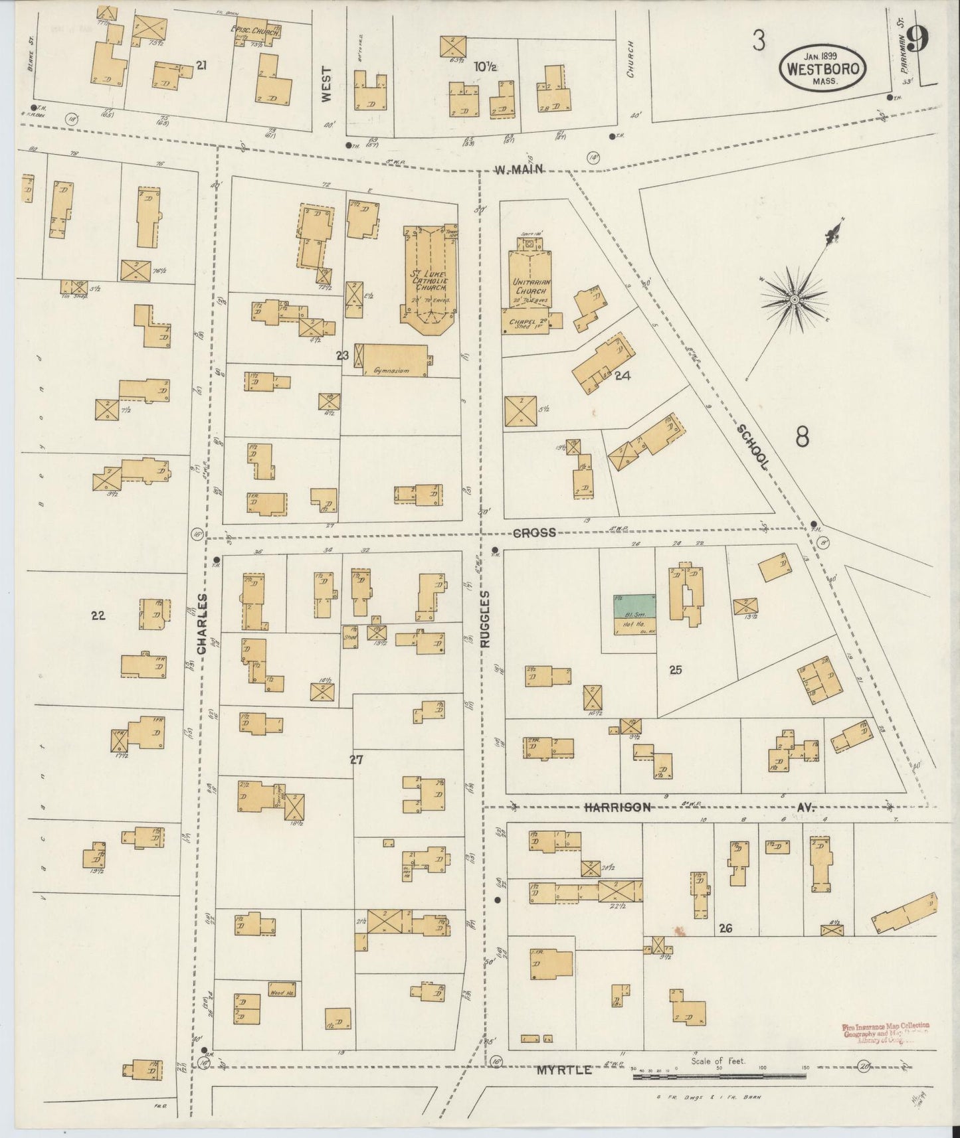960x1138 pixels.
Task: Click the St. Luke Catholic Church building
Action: click(429, 279)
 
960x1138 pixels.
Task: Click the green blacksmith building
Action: click(634, 605)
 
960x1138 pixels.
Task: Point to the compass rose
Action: click(793, 301)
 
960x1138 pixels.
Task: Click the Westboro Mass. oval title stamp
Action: click(824, 68)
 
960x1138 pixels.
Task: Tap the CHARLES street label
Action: click(203, 623)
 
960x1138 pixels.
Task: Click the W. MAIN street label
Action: click(519, 169)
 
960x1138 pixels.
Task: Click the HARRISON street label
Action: click(617, 807)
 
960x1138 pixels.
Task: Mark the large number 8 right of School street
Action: click(803, 437)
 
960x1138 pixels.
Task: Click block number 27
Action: click(357, 760)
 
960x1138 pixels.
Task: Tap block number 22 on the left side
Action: click(98, 615)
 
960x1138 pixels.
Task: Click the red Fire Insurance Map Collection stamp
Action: click(885, 1051)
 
